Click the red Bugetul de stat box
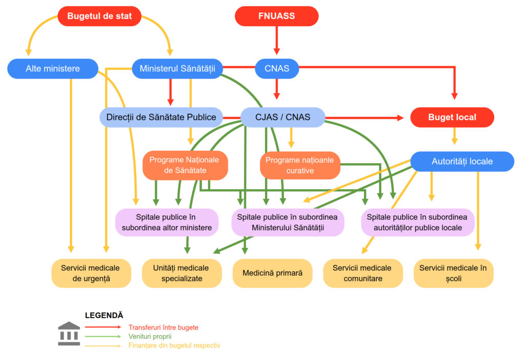[x=99, y=16]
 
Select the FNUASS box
[x=276, y=16]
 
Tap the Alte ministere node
[x=53, y=68]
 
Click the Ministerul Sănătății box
[x=177, y=68]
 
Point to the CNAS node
[x=277, y=68]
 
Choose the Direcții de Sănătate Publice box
[x=161, y=117]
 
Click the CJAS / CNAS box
[x=282, y=117]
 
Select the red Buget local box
[x=452, y=117]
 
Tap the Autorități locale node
[x=462, y=161]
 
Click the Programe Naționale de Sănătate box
[x=184, y=165]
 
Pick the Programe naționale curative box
[x=300, y=165]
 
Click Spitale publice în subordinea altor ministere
[x=167, y=222]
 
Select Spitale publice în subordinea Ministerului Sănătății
[x=288, y=222]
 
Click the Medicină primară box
[x=272, y=273]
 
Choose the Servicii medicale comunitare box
[x=362, y=273]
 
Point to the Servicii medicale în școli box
[x=453, y=273]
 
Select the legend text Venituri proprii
[x=150, y=336]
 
